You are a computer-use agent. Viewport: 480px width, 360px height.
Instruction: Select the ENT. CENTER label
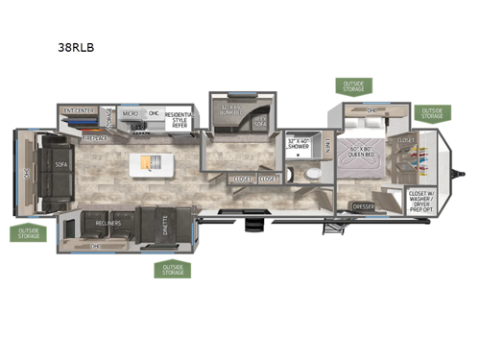80,110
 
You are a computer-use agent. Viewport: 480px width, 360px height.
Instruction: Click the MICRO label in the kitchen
130,113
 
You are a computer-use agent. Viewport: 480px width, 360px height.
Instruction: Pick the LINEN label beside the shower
327,146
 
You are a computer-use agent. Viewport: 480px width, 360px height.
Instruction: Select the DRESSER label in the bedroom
364,206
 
